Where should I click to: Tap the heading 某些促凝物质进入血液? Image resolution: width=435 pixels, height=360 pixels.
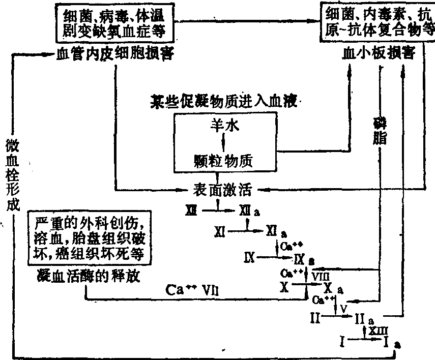point(223,100)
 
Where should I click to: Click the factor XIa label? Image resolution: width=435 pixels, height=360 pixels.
point(275,232)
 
